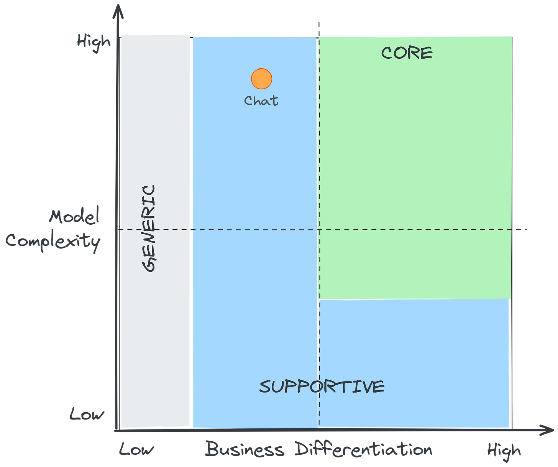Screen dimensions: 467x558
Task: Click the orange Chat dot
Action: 262,79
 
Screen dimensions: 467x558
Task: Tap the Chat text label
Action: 261,100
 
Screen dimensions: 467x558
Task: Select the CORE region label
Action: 407,53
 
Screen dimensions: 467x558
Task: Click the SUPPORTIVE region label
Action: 322,386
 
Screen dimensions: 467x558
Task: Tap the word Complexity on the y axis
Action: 53,242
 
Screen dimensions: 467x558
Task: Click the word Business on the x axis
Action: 245,449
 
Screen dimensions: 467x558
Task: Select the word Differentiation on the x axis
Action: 363,449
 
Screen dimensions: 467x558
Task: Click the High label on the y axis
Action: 94,41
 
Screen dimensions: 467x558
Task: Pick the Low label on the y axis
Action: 86,414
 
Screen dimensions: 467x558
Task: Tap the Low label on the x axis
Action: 136,449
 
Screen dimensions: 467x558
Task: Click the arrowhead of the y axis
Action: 118,12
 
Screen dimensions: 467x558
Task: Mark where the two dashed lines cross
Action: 318,229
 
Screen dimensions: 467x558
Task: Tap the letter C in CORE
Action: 387,53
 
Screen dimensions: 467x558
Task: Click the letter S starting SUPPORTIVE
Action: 265,386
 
